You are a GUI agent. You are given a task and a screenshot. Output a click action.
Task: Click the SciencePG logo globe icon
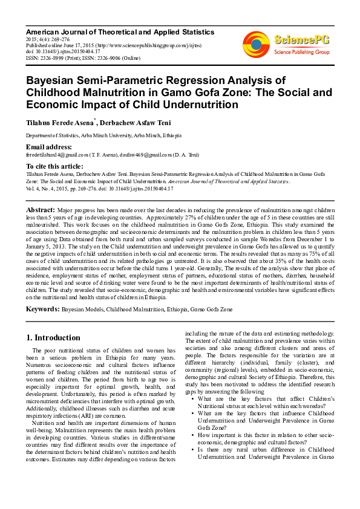256,44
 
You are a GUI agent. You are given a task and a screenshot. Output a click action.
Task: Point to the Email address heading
49,148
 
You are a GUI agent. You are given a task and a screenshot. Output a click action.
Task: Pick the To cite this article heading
54,166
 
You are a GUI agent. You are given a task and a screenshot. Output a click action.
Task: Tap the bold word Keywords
42,309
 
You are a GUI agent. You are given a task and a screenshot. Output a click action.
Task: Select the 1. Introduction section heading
53,337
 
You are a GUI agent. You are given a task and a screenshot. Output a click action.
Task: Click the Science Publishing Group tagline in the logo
301,53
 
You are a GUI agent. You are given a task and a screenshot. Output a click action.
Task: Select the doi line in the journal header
63,51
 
